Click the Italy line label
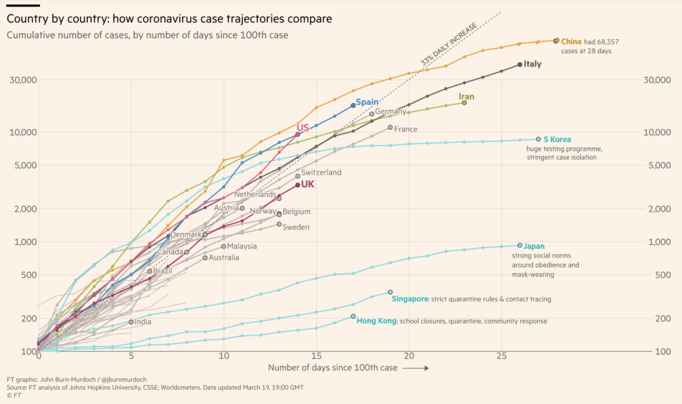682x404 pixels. tap(532, 64)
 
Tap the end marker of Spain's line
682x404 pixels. tap(353, 105)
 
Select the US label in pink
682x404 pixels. tap(303, 128)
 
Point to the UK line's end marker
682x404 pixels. tap(298, 185)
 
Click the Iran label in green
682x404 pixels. tap(466, 96)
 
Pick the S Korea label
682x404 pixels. tap(557, 139)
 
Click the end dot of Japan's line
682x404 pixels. tap(520, 245)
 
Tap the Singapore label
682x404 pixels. tap(410, 299)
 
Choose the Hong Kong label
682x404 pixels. tap(376, 321)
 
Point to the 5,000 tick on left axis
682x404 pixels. tap(26, 165)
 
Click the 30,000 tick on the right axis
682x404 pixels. tap(657, 80)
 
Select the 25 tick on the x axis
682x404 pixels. tap(501, 356)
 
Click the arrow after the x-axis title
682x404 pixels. tap(416, 368)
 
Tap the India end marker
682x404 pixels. tap(131, 322)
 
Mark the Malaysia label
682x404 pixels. tap(242, 246)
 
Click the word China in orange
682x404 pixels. tap(571, 42)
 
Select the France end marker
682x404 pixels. tap(390, 127)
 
